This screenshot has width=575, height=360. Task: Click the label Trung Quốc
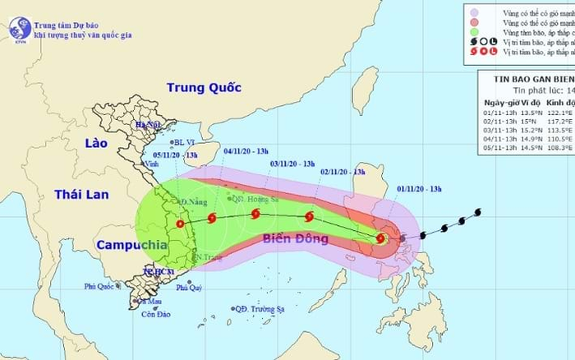[200, 88]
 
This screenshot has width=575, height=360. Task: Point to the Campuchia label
[127, 245]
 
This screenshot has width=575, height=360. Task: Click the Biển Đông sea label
[296, 239]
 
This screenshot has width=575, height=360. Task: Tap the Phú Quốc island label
[101, 286]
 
